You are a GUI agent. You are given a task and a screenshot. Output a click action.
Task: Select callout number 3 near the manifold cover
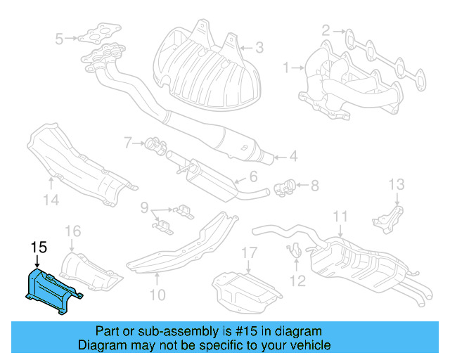[x=259, y=49]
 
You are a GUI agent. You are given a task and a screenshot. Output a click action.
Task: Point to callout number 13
[x=397, y=185]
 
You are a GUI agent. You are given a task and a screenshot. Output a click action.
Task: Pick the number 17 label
[x=250, y=253]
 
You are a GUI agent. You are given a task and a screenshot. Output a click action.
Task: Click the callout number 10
[x=157, y=295]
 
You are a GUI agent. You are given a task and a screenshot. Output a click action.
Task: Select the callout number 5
[x=59, y=38]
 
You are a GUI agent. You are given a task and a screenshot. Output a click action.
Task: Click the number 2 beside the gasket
[x=326, y=30]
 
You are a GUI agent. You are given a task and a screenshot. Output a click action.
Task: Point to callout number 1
[x=286, y=68]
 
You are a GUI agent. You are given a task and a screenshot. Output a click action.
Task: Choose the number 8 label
[x=314, y=186]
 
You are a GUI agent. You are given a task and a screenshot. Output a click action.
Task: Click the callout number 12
[x=297, y=281]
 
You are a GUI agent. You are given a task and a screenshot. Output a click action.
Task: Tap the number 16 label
[x=72, y=230]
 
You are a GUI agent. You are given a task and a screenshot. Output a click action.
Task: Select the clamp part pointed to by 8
[x=285, y=188]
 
